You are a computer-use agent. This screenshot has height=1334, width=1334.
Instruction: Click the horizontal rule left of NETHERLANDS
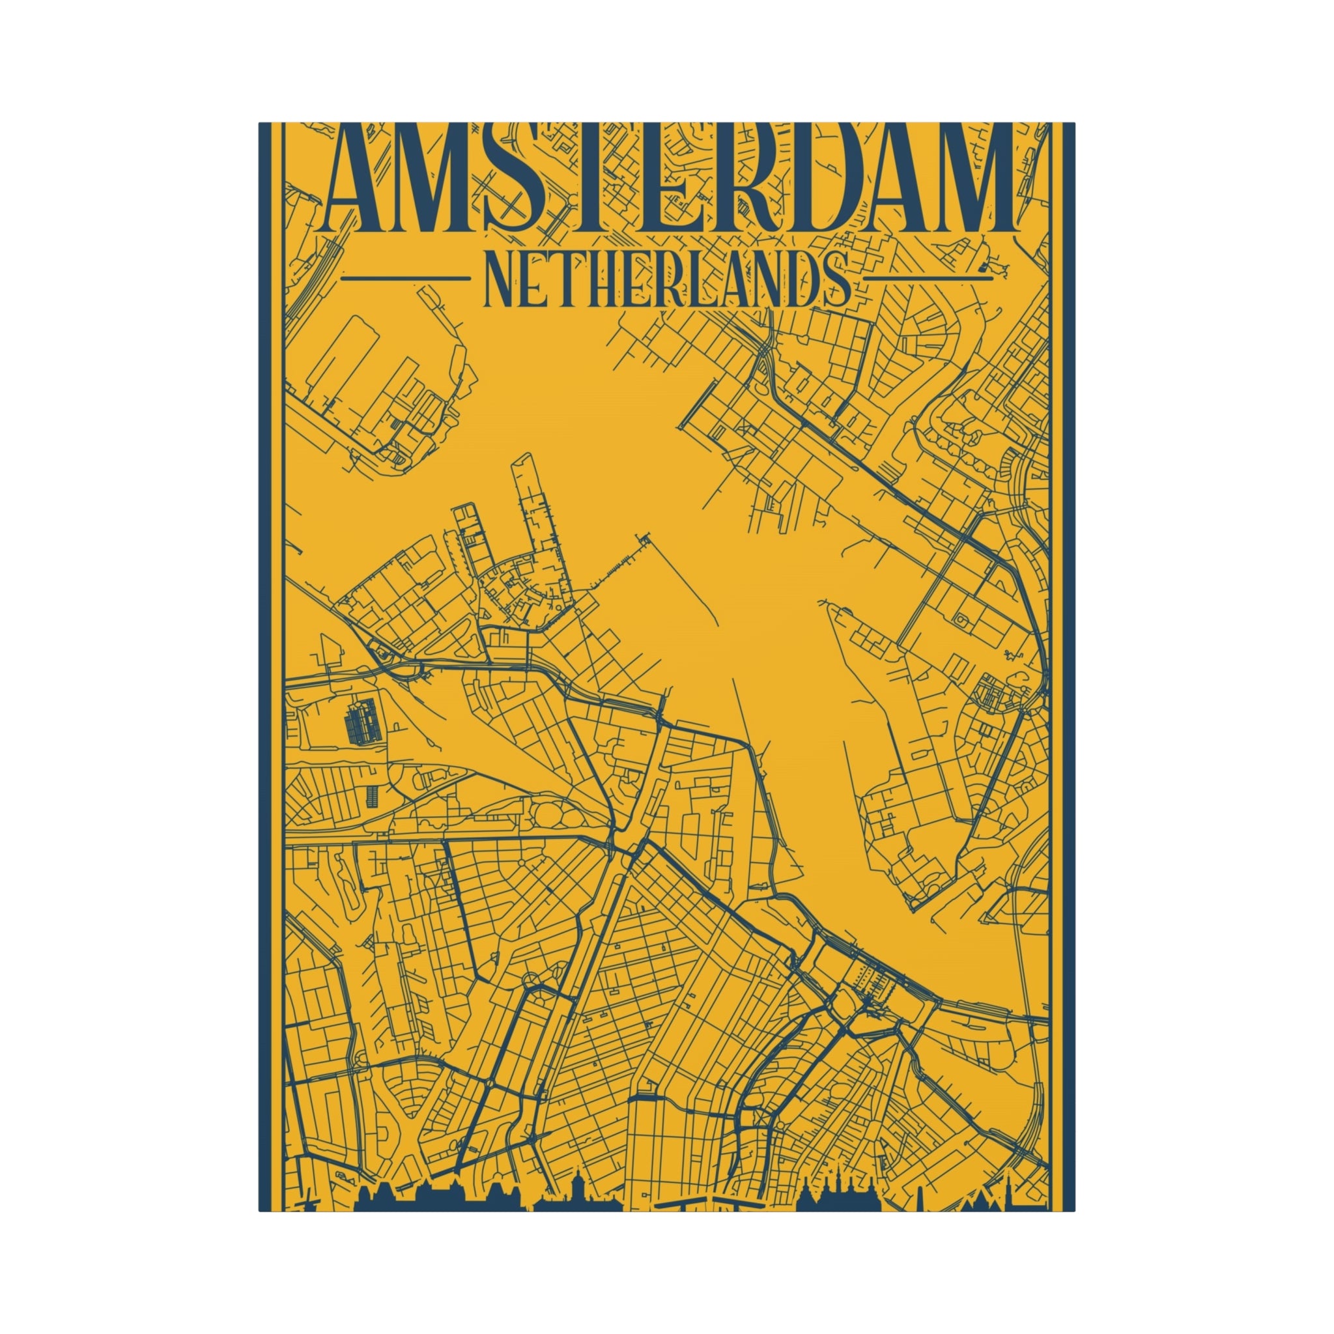coord(405,279)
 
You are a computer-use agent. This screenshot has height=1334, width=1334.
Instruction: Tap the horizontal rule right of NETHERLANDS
coord(929,279)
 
